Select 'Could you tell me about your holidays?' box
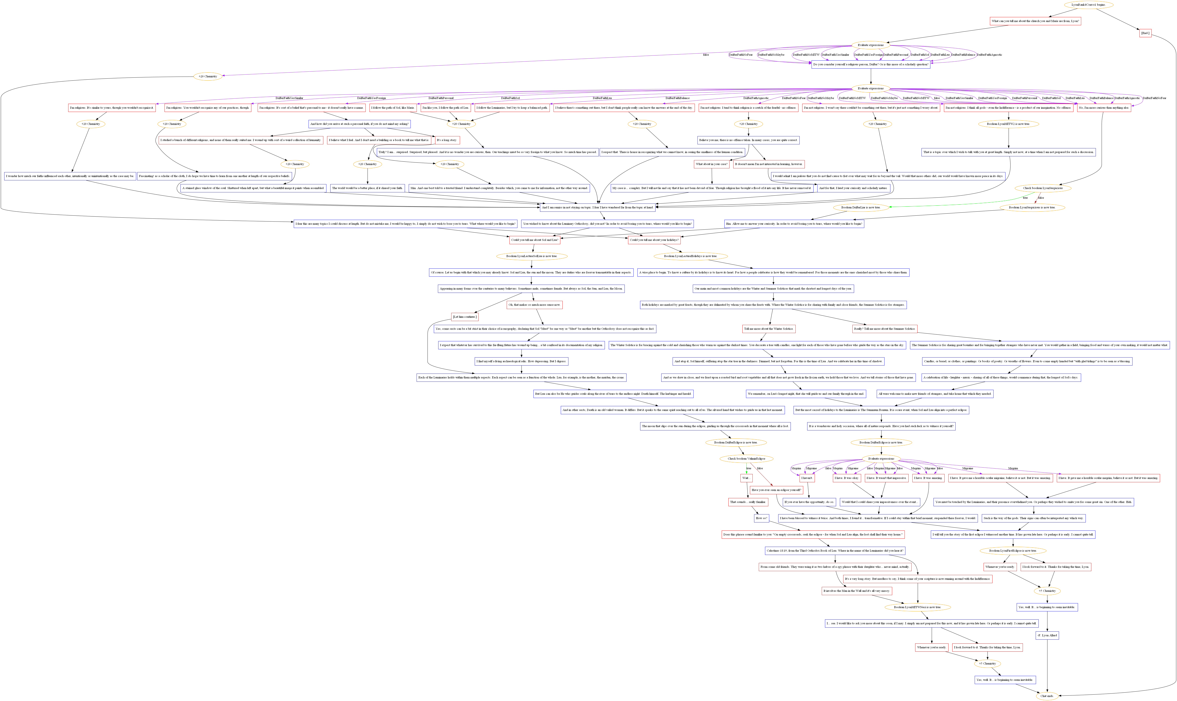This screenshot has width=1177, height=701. click(654, 240)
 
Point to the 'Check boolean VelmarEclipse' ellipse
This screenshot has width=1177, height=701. click(746, 459)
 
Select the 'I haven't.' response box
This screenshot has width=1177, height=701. click(807, 478)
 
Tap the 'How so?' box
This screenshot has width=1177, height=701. click(761, 518)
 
